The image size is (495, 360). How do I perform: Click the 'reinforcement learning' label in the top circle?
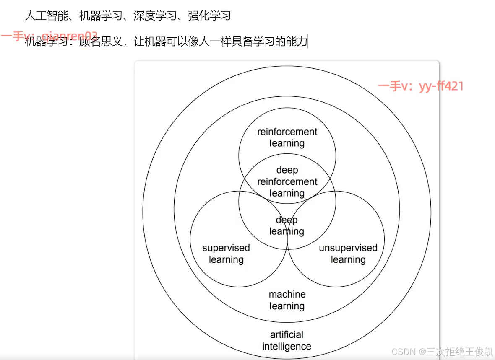tap(287, 137)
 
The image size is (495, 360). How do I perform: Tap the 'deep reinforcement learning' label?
tap(287, 182)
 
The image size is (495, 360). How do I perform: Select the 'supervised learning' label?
tap(226, 254)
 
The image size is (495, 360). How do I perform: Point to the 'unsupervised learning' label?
tap(348, 254)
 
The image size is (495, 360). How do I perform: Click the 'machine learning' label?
tap(287, 300)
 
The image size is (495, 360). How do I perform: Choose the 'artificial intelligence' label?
tap(287, 340)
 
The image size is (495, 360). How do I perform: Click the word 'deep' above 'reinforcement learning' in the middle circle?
tap(287, 170)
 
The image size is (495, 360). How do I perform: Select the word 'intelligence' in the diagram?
tap(287, 347)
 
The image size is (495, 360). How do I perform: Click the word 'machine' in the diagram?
tap(287, 294)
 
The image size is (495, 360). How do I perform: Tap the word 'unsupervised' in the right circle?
tap(348, 248)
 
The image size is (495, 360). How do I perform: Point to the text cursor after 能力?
tap(308, 41)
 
